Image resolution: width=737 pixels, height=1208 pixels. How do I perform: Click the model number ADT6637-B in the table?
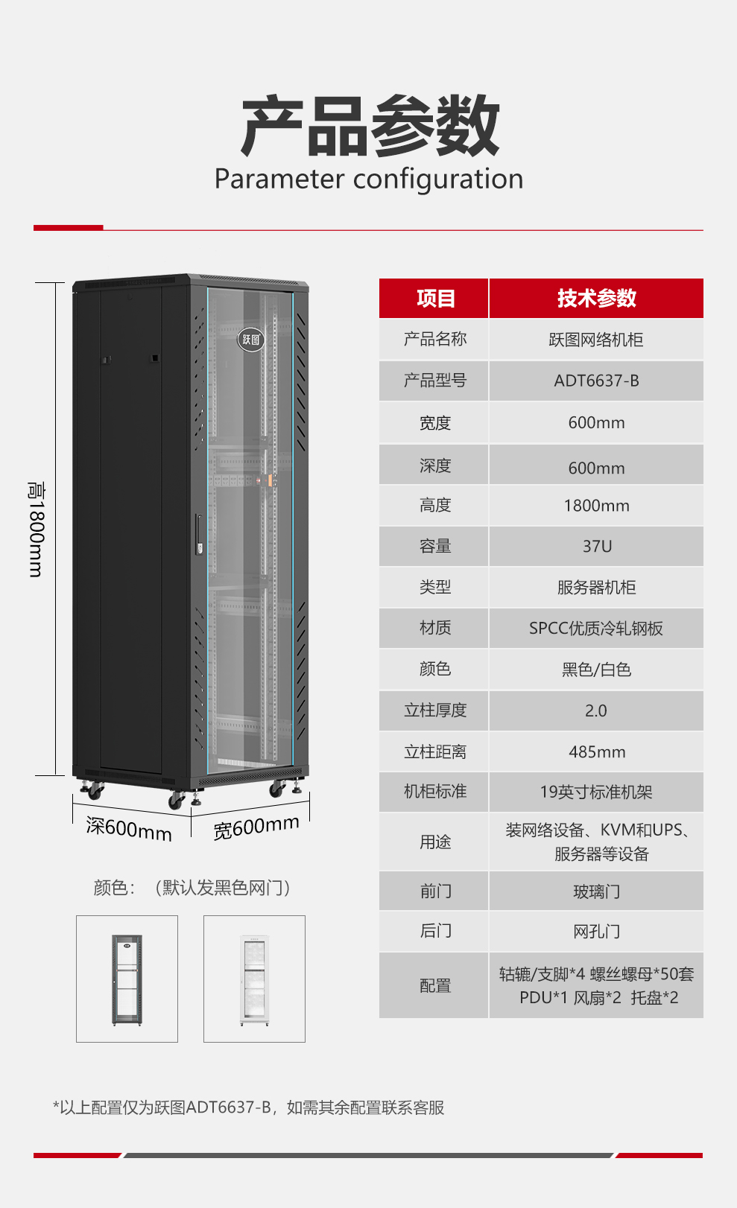click(596, 381)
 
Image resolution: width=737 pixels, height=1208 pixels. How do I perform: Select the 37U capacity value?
click(597, 547)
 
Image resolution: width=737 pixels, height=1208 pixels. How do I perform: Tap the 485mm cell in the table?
click(597, 751)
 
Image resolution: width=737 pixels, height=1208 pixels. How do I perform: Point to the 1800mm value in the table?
click(597, 505)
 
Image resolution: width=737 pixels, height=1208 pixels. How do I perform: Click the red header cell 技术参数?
click(596, 298)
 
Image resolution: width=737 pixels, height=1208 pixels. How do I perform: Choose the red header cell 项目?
click(434, 298)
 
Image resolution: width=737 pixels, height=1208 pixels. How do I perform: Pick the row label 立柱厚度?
click(435, 711)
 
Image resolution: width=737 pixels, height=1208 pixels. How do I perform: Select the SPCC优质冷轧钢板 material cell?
click(596, 629)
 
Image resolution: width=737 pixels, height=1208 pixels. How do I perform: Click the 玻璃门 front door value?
click(597, 891)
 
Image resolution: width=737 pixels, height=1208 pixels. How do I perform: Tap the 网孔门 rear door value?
click(597, 932)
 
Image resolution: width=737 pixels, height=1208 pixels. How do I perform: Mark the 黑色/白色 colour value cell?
click(596, 670)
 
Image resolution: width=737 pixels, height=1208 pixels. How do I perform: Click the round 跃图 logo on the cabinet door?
click(251, 339)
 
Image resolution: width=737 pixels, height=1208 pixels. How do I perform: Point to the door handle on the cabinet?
click(199, 535)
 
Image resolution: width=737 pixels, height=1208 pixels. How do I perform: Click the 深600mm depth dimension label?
click(129, 830)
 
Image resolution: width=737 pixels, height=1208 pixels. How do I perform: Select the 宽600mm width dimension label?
click(256, 827)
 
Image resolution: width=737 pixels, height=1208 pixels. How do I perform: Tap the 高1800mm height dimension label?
click(37, 530)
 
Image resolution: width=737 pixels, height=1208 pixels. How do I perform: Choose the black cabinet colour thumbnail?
click(127, 979)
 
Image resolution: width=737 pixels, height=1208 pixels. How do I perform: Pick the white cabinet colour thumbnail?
click(254, 979)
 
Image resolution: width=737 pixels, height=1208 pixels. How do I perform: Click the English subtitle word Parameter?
click(279, 179)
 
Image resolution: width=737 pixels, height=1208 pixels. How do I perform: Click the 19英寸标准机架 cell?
click(596, 792)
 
